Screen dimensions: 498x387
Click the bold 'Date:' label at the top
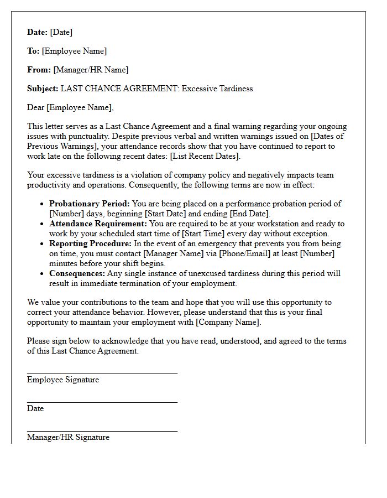coord(38,32)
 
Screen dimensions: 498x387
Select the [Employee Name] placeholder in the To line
coord(74,51)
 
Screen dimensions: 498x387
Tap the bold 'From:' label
coord(39,70)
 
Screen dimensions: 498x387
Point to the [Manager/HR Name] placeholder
coord(91,70)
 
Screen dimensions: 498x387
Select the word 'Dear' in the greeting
coord(36,107)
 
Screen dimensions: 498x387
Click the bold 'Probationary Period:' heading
coord(89,204)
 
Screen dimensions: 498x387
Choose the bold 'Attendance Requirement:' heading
coord(98,224)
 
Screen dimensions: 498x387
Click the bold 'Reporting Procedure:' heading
coord(90,243)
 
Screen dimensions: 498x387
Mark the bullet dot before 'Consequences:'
coord(42,273)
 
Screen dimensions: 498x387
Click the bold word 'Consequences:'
coord(77,273)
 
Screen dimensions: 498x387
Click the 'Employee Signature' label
coord(63,380)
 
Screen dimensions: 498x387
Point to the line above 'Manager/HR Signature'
coord(102,431)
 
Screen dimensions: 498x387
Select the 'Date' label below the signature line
coord(35,408)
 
